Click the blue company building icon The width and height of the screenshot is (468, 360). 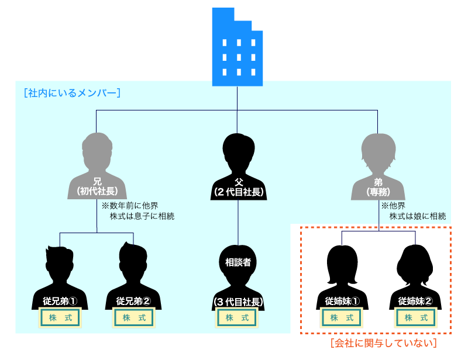pos(237,47)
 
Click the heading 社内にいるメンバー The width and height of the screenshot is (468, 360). pos(73,93)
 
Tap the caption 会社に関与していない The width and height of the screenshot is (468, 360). pos(383,344)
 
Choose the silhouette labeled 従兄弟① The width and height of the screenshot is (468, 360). pos(60,275)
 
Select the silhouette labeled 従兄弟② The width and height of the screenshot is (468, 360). pos(133,275)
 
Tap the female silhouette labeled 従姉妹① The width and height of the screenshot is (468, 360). pos(342,275)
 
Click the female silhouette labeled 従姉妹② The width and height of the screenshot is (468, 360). pos(415,275)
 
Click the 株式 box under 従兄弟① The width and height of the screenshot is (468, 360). pos(60,318)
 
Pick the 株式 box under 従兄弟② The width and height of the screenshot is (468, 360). pos(133,318)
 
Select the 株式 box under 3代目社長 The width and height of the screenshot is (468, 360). pos(238,318)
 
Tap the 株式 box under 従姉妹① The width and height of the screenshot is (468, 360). pos(342,318)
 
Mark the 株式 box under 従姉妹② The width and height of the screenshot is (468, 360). pos(415,318)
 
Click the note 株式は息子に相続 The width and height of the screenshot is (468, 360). pos(142,216)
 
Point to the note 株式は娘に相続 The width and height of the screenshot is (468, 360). pos(418,216)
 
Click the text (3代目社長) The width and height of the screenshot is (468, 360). pos(238,302)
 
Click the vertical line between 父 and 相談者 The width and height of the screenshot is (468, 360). pos(238,222)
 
